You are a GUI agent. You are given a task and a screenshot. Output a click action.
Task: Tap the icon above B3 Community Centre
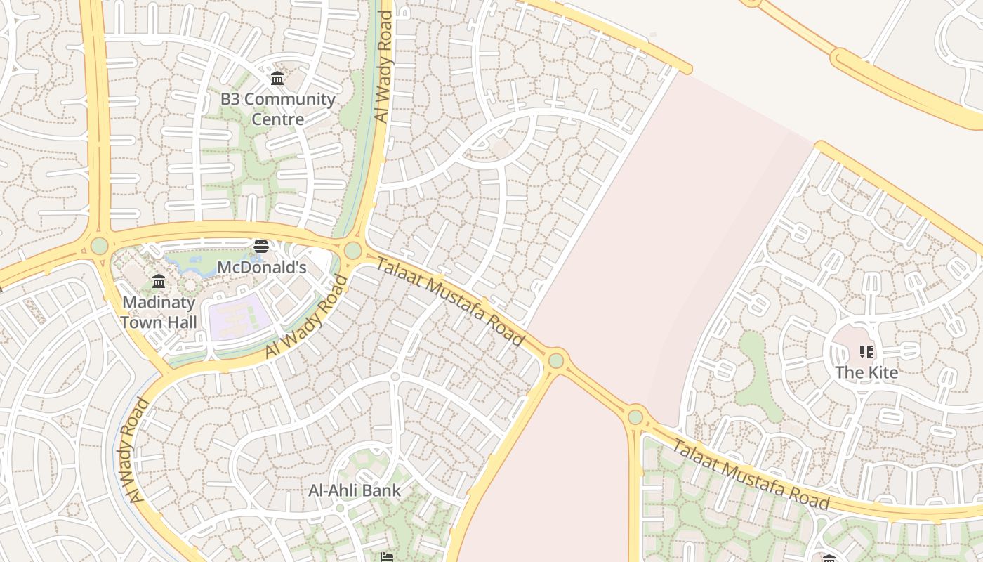coord(277,78)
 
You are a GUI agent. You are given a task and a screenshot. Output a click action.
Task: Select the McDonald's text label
coord(261,268)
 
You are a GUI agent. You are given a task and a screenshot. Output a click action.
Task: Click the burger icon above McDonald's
coord(261,247)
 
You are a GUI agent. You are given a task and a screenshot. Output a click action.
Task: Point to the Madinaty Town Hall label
coord(159,313)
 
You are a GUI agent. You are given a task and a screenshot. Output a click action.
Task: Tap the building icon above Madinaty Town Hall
coord(159,282)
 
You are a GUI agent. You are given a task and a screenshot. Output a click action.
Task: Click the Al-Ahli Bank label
coord(355,490)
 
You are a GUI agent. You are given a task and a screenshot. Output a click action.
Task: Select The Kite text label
coord(866,372)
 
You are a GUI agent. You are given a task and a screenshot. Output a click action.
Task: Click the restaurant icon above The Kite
coord(866,351)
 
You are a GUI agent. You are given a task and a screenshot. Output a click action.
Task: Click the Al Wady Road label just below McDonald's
coord(307,318)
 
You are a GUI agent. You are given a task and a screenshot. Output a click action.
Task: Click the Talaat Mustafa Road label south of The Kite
coord(751,473)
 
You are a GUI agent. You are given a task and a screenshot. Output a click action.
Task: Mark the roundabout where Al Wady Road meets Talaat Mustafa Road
coord(352,250)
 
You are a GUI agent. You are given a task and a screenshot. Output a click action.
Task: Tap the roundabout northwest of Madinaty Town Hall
coord(100,246)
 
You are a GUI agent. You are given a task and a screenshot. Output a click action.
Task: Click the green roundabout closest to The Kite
coord(635,417)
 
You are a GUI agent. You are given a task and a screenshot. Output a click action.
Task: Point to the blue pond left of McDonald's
coord(192,266)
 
